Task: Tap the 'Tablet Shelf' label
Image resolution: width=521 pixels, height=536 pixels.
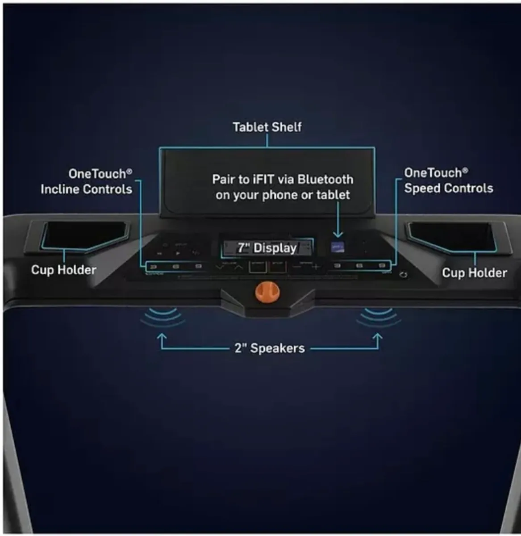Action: coord(267,127)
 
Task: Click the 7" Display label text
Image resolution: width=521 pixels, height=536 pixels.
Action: coord(267,248)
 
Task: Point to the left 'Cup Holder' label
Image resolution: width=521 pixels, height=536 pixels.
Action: coord(63,270)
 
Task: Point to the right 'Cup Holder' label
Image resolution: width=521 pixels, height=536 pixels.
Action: coord(474,273)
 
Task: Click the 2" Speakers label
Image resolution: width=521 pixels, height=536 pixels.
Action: coord(270,348)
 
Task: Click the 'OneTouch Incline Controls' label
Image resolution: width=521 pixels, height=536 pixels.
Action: coord(87,181)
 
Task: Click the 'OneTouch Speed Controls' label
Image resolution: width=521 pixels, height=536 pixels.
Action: coord(448,180)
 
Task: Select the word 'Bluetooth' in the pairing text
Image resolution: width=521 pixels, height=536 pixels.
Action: coord(325,180)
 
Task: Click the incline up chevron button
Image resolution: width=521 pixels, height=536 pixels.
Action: coord(238,267)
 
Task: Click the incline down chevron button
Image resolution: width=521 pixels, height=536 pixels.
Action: coord(220,267)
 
